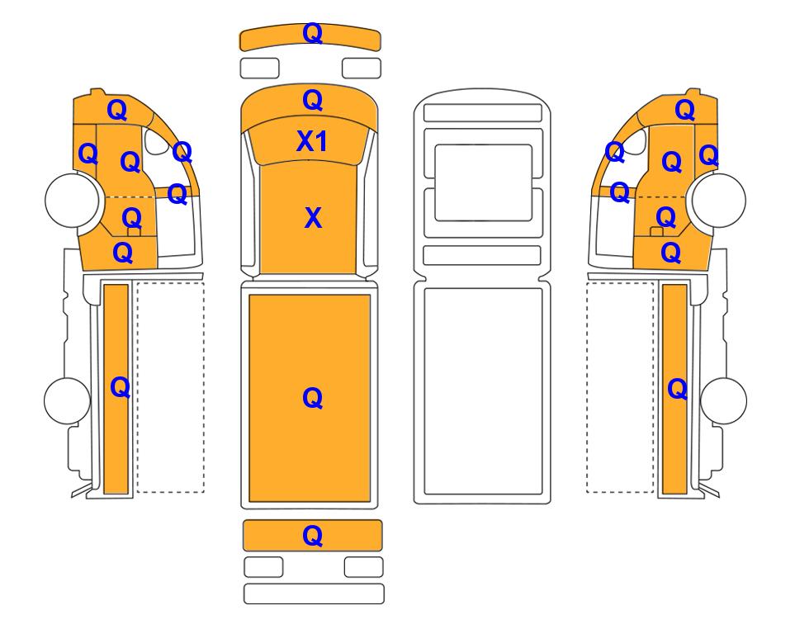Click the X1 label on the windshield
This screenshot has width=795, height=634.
[x=312, y=141]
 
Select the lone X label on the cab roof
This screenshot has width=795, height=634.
[x=314, y=218]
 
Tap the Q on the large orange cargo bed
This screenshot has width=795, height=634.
[x=312, y=398]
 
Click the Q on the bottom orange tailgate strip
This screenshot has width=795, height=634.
[x=312, y=535]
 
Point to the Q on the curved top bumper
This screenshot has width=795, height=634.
[x=312, y=33]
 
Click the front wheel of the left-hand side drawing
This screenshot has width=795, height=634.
[x=72, y=200]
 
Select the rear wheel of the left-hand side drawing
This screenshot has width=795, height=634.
[x=68, y=400]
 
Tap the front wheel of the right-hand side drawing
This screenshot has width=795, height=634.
[x=719, y=200]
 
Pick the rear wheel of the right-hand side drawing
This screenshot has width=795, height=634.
[x=723, y=400]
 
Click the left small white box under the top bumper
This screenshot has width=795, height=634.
[x=259, y=68]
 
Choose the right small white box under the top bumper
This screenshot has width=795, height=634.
[x=362, y=68]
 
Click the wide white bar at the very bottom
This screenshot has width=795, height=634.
[x=314, y=594]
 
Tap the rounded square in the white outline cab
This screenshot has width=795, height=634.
[x=484, y=182]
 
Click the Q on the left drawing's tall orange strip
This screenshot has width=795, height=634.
[x=121, y=387]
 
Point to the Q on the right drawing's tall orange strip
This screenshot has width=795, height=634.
[x=678, y=389]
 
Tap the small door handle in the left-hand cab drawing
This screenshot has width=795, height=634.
[x=134, y=232]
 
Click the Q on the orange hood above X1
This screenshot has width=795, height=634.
[x=313, y=101]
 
